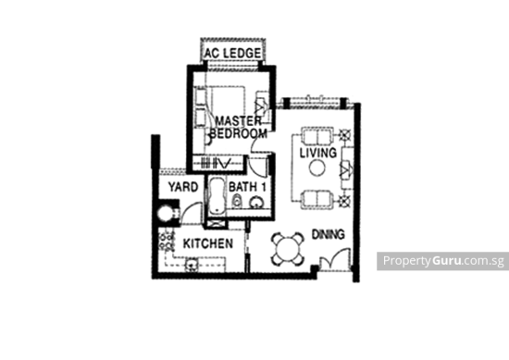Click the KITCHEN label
point(206,243)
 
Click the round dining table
point(289,248)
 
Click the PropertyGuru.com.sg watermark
point(441,261)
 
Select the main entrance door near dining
point(337,262)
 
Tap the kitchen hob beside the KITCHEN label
point(168,241)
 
